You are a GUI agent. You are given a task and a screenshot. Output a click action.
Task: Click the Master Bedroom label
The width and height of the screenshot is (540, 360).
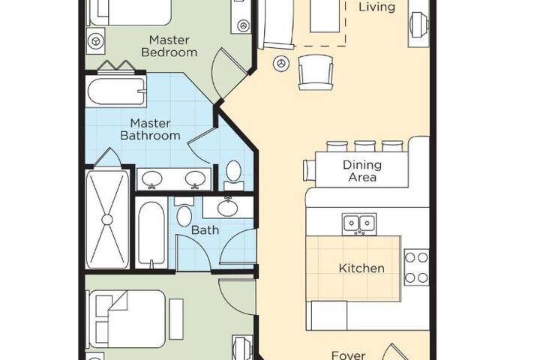[169, 46]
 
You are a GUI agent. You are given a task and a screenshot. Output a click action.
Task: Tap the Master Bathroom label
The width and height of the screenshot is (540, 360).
[150, 129]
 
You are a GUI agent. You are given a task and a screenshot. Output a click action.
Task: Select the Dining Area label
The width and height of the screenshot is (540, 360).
[362, 171]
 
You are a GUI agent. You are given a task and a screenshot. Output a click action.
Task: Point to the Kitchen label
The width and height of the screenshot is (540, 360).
[361, 268]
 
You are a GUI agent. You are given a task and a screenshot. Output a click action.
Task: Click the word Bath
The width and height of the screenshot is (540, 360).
[205, 229]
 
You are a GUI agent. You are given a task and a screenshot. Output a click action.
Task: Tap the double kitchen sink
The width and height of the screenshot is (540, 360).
[359, 224]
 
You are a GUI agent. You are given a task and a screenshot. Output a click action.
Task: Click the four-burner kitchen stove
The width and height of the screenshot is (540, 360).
[417, 267]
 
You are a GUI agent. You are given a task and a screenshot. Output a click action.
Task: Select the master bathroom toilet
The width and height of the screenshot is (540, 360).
[233, 175]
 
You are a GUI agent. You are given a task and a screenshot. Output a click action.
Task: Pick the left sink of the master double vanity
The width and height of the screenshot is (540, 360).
[151, 179]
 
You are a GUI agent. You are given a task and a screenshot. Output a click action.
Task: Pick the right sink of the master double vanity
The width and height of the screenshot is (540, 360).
[195, 179]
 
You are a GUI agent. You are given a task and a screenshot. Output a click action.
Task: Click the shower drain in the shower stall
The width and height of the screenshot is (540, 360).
[107, 220]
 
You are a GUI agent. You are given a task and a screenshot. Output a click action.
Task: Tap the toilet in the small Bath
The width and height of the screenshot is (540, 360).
[184, 212]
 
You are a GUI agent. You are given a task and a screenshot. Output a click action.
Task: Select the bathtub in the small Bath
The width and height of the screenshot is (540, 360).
[151, 233]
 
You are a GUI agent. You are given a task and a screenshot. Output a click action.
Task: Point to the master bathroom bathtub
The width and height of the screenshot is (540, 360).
[115, 91]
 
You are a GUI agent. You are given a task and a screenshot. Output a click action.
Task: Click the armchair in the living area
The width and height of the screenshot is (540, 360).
[316, 73]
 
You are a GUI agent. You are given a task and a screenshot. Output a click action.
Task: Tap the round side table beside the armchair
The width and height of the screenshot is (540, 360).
[281, 64]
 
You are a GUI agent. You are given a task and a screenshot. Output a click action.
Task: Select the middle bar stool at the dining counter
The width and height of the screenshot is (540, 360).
[364, 146]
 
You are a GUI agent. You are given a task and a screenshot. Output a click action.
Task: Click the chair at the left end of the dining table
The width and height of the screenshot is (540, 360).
[309, 170]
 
